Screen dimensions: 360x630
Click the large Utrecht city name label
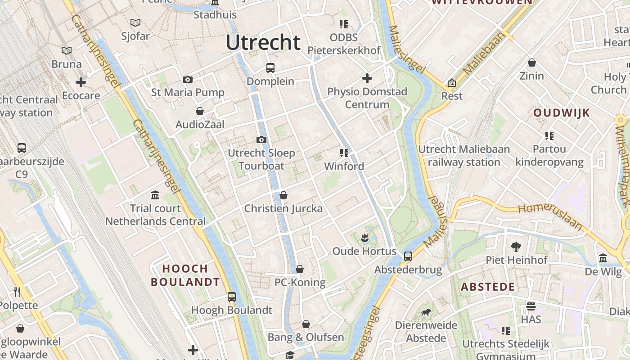click(x=263, y=43)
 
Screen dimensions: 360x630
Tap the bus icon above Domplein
click(x=270, y=68)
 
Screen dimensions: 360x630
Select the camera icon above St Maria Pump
click(x=188, y=80)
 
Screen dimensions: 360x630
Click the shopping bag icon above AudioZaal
click(x=200, y=111)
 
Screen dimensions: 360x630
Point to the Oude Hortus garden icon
click(x=364, y=237)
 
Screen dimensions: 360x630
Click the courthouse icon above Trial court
click(x=155, y=195)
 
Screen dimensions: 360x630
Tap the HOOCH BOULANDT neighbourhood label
click(x=185, y=275)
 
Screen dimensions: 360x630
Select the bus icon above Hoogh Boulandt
click(x=232, y=297)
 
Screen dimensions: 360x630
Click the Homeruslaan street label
click(x=550, y=215)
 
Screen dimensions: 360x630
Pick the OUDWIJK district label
click(x=562, y=113)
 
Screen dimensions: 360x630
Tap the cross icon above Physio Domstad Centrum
click(x=367, y=79)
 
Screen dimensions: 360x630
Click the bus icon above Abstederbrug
click(x=408, y=256)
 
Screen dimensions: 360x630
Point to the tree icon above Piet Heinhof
click(x=516, y=247)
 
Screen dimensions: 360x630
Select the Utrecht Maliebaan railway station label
click(x=464, y=156)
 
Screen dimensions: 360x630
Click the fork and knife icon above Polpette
click(x=17, y=292)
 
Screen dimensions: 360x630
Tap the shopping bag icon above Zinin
click(x=532, y=63)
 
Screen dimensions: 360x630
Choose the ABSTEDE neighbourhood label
click(x=488, y=287)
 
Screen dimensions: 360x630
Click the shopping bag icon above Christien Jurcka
click(x=283, y=195)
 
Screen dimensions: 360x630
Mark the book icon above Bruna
click(x=67, y=51)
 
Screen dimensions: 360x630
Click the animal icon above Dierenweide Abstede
click(x=426, y=312)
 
